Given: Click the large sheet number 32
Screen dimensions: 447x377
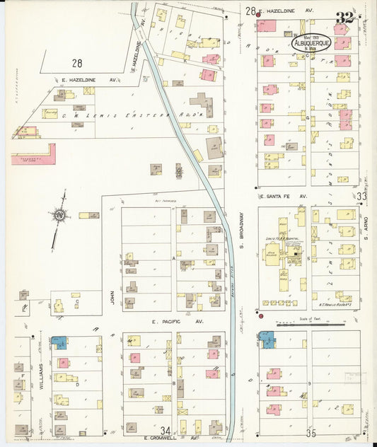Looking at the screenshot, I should [x=346, y=17].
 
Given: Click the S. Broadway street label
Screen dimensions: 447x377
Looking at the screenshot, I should [x=240, y=233].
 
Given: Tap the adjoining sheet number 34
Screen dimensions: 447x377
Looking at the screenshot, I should [x=166, y=430].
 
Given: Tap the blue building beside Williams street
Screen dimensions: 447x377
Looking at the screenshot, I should [x=59, y=343].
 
